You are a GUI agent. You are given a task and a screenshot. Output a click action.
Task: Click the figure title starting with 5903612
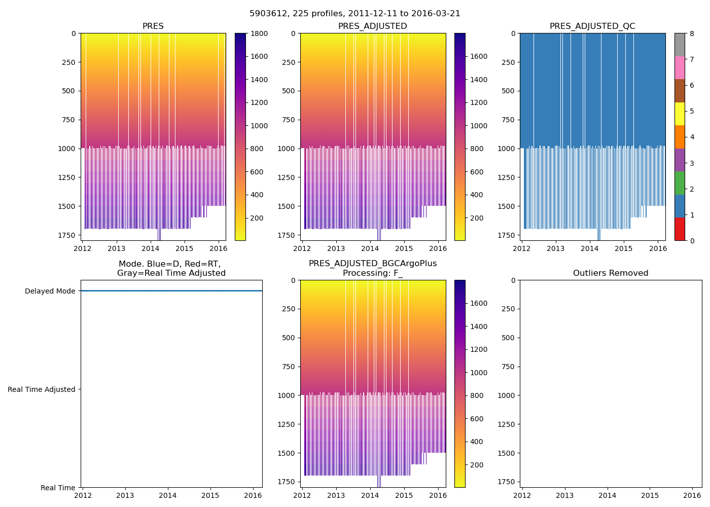(355, 14)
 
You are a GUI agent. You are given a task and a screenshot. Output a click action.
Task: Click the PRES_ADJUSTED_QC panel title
(592, 26)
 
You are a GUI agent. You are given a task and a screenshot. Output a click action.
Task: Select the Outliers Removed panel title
(611, 273)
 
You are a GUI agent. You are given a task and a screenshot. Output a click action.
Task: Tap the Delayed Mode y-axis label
(50, 291)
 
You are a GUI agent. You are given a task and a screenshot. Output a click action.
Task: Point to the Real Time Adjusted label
(42, 389)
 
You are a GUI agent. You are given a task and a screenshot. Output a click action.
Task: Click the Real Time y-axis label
(58, 488)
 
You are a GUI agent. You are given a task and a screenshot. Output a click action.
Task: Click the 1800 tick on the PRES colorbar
(259, 33)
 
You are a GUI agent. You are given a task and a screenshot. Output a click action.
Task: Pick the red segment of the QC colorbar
(680, 229)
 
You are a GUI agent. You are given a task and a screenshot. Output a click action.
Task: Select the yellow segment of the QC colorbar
(680, 114)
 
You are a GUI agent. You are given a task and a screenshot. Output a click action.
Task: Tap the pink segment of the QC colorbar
(680, 67)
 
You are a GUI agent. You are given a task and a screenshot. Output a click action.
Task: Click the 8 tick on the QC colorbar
(691, 33)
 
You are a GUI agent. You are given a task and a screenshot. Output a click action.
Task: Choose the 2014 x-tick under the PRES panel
(150, 249)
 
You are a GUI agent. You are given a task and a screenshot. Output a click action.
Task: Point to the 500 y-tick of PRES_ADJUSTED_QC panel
(509, 91)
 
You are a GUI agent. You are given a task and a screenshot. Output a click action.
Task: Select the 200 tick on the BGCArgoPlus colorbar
(477, 465)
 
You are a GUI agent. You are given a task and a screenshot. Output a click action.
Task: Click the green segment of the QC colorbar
(680, 183)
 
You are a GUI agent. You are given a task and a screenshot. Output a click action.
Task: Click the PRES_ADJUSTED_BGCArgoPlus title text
(373, 264)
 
